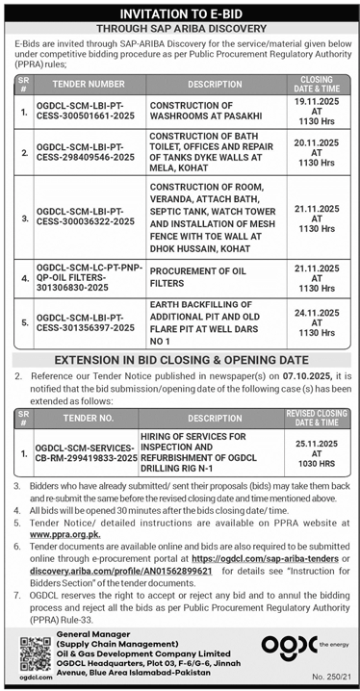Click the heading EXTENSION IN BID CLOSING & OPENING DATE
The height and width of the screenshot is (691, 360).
pyautogui.click(x=180, y=359)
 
